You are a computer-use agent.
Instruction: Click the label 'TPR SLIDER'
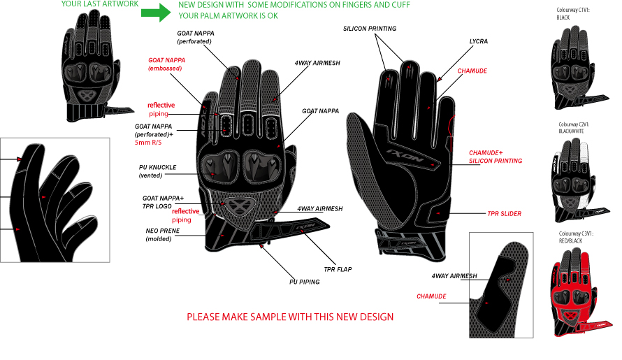[x=505, y=213]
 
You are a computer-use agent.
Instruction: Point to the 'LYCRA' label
[x=479, y=41]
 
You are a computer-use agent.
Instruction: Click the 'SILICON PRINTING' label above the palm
[x=370, y=29]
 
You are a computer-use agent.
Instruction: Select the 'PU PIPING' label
[x=305, y=282]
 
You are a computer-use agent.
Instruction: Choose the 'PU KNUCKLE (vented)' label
[x=157, y=171]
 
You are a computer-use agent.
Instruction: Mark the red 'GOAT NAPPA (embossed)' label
[x=166, y=64]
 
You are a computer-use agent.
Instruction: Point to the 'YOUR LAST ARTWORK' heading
[x=100, y=4]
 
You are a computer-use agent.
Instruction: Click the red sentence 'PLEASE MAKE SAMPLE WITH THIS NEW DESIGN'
[x=290, y=317]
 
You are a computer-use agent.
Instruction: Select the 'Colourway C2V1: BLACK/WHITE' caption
[x=575, y=126]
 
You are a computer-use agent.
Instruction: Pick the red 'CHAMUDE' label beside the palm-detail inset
[x=432, y=296]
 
